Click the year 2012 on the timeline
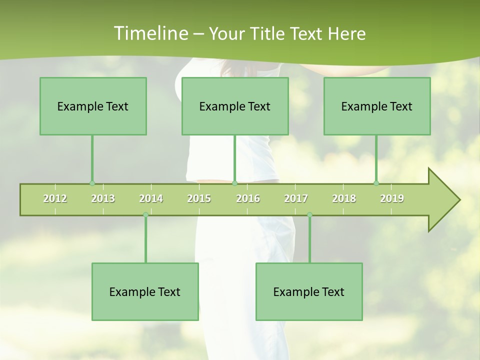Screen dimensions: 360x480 tap(55, 198)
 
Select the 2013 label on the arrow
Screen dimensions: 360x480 tap(103, 198)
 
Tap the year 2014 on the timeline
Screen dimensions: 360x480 tap(151, 198)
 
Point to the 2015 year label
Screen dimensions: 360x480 tap(199, 198)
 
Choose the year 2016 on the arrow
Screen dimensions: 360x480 tap(248, 198)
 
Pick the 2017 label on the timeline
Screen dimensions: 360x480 tap(296, 198)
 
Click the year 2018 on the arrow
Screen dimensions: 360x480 tap(344, 198)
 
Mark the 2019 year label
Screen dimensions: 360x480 tap(392, 198)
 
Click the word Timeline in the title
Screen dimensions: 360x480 tap(150, 33)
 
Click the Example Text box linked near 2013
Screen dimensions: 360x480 tap(93, 106)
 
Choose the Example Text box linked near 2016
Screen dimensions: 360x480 tap(235, 106)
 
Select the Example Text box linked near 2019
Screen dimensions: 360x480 tap(377, 106)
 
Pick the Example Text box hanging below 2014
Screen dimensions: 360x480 tap(145, 291)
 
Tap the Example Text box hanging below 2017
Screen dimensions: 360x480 tap(309, 291)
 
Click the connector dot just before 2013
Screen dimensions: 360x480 tap(92, 183)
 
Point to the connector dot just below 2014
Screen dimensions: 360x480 tap(145, 215)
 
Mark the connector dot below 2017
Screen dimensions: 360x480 tap(309, 215)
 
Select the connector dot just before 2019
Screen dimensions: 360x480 tap(376, 183)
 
